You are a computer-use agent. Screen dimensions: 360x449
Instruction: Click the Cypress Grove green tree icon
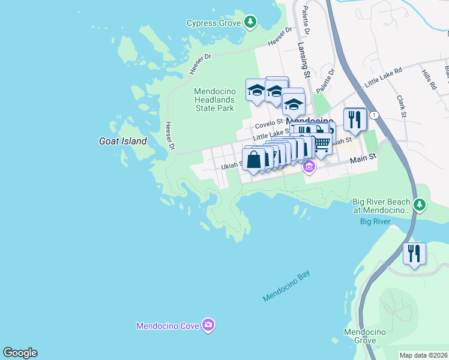click(x=250, y=23)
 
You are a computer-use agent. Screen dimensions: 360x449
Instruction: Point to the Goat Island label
click(x=122, y=141)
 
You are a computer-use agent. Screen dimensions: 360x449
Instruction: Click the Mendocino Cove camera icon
click(x=208, y=325)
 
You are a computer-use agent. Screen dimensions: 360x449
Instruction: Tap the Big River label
click(x=375, y=221)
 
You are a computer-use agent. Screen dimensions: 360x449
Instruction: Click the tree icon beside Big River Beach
click(x=420, y=206)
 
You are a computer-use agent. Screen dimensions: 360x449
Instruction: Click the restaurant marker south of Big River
click(x=414, y=254)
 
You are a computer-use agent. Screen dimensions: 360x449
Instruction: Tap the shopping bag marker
click(x=254, y=160)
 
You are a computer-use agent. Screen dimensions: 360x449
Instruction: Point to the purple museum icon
click(x=309, y=166)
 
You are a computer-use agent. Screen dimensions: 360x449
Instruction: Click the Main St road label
click(x=363, y=157)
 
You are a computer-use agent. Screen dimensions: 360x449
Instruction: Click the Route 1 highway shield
click(x=374, y=115)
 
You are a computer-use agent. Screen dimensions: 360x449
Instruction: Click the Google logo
click(x=20, y=353)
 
